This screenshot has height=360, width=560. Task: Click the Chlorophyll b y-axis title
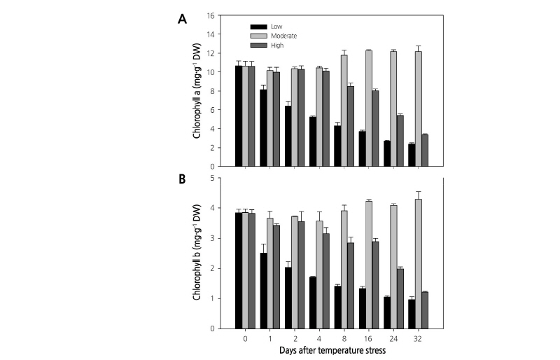198,253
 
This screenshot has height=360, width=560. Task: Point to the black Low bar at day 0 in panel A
238,116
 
